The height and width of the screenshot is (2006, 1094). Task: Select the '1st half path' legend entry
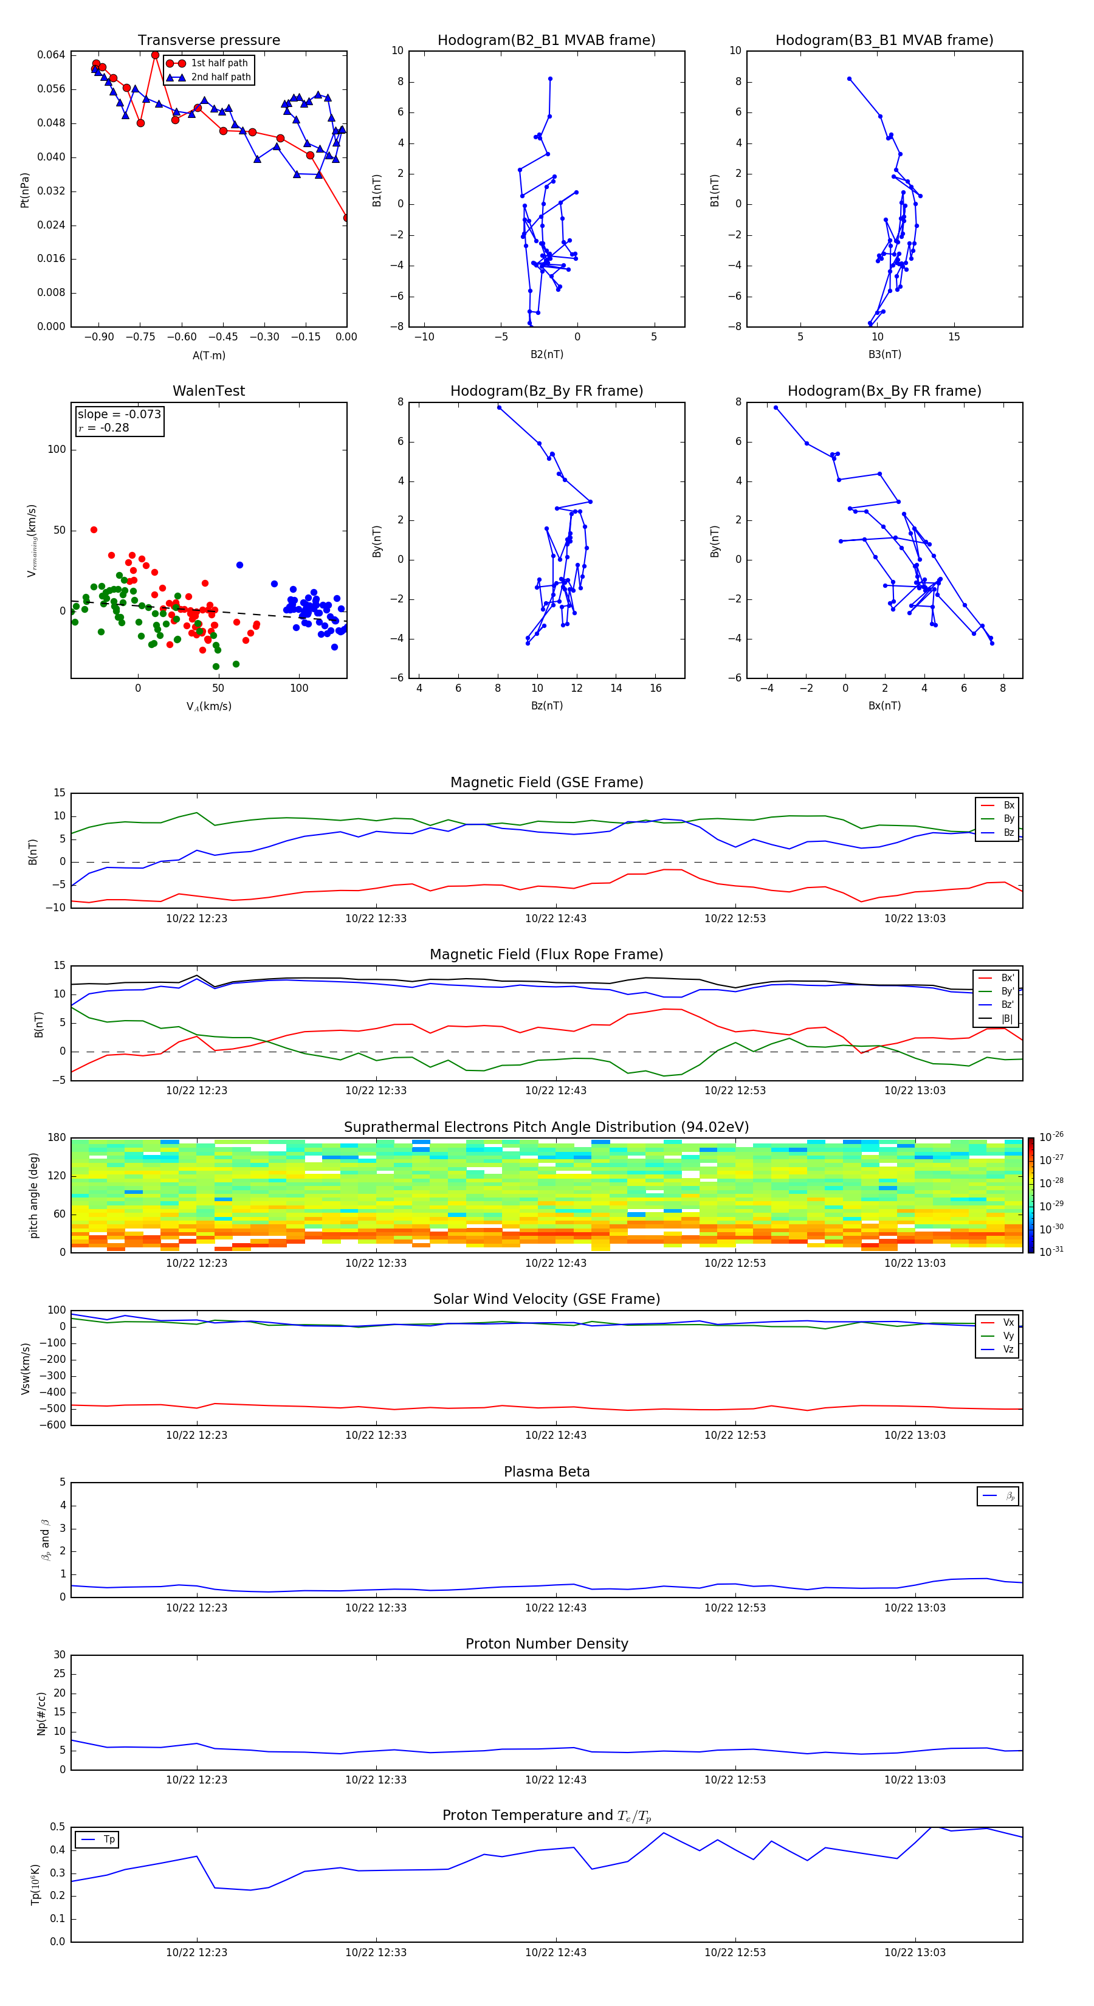[219, 63]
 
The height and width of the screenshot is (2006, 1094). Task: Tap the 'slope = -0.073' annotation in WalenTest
[119, 415]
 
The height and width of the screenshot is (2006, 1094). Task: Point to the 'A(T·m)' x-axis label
[208, 356]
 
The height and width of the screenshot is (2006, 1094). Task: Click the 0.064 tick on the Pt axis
[52, 55]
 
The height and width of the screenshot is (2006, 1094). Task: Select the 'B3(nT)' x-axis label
[884, 354]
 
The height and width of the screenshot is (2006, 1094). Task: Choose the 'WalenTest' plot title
[208, 391]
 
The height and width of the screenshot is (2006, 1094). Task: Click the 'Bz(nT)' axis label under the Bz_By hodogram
[546, 706]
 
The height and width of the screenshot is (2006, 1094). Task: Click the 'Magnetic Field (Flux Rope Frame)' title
[546, 955]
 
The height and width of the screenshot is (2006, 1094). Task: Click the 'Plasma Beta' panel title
[546, 1472]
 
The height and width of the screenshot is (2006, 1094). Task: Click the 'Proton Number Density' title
[546, 1644]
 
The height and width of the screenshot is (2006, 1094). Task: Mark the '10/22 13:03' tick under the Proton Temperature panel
[914, 1953]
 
